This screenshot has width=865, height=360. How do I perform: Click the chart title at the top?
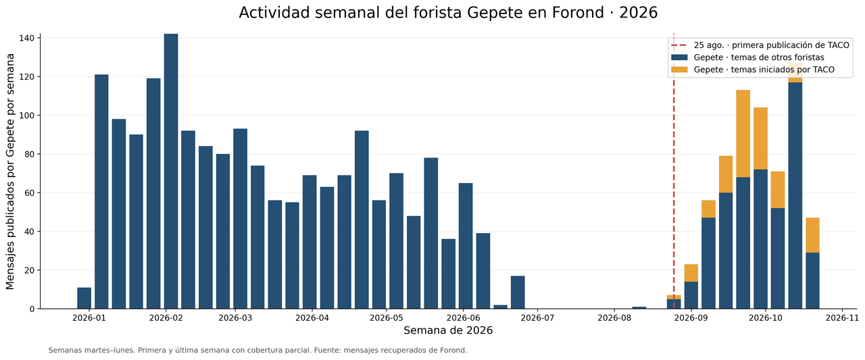[448, 13]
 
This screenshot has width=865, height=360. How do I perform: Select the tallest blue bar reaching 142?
[171, 172]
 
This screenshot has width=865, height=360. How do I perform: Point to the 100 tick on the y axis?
[28, 115]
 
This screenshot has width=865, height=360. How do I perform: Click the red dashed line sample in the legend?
[679, 45]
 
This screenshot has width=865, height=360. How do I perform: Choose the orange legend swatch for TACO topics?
[679, 70]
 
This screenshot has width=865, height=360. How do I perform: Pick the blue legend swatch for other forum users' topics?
[679, 57]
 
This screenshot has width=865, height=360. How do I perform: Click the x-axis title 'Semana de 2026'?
[448, 331]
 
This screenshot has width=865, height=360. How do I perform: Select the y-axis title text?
[10, 172]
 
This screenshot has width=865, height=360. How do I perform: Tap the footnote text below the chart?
[257, 351]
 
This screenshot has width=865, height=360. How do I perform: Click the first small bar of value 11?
[84, 298]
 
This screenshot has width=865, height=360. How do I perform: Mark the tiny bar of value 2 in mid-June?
[501, 307]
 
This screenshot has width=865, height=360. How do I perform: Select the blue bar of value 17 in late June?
[518, 292]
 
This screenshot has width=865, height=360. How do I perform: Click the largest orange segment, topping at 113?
[743, 134]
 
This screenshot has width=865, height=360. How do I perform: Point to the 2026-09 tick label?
[691, 318]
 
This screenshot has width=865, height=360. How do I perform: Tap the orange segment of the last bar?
[812, 235]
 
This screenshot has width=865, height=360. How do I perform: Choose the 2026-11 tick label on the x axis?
[842, 318]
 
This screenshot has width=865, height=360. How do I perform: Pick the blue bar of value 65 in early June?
[466, 246]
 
